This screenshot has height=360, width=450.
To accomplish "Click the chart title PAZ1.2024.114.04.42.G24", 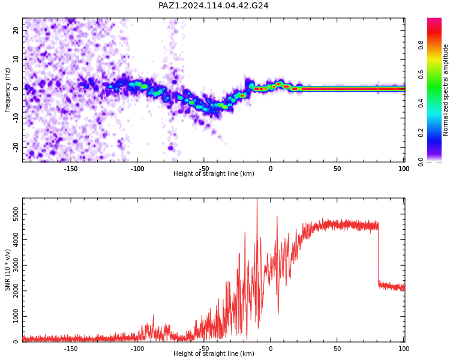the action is coord(213,5).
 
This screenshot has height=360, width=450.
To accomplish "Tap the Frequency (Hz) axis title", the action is coord(7,90).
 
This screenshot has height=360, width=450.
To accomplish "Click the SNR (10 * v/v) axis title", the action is coord(7,270).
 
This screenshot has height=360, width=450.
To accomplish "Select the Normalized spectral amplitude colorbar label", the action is coord(445,90).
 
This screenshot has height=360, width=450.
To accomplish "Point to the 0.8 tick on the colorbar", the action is coord(421,45).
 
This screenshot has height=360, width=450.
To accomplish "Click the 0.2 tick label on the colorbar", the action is coord(421,133).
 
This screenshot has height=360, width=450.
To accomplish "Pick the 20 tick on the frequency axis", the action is coord(16,30).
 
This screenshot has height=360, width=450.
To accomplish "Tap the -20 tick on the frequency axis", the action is coord(16,147).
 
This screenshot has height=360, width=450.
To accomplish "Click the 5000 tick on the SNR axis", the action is coord(16,214).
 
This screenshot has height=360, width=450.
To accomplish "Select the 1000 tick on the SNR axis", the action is coord(16,316).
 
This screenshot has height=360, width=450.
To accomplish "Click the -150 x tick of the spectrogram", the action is coord(71,169).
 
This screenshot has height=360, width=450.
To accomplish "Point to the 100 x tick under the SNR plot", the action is coord(404,349).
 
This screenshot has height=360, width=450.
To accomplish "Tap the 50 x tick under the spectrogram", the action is coord(337,169).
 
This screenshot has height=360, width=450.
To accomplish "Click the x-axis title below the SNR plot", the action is coord(214,353).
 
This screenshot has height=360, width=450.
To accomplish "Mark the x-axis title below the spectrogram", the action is coord(214,173).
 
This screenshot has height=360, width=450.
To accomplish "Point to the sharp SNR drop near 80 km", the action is coord(378,253).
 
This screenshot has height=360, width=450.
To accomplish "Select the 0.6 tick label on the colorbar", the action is coord(421,74).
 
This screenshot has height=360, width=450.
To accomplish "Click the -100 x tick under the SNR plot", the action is coord(137,349).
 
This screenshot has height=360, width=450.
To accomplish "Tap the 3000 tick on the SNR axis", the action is coord(16,265).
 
